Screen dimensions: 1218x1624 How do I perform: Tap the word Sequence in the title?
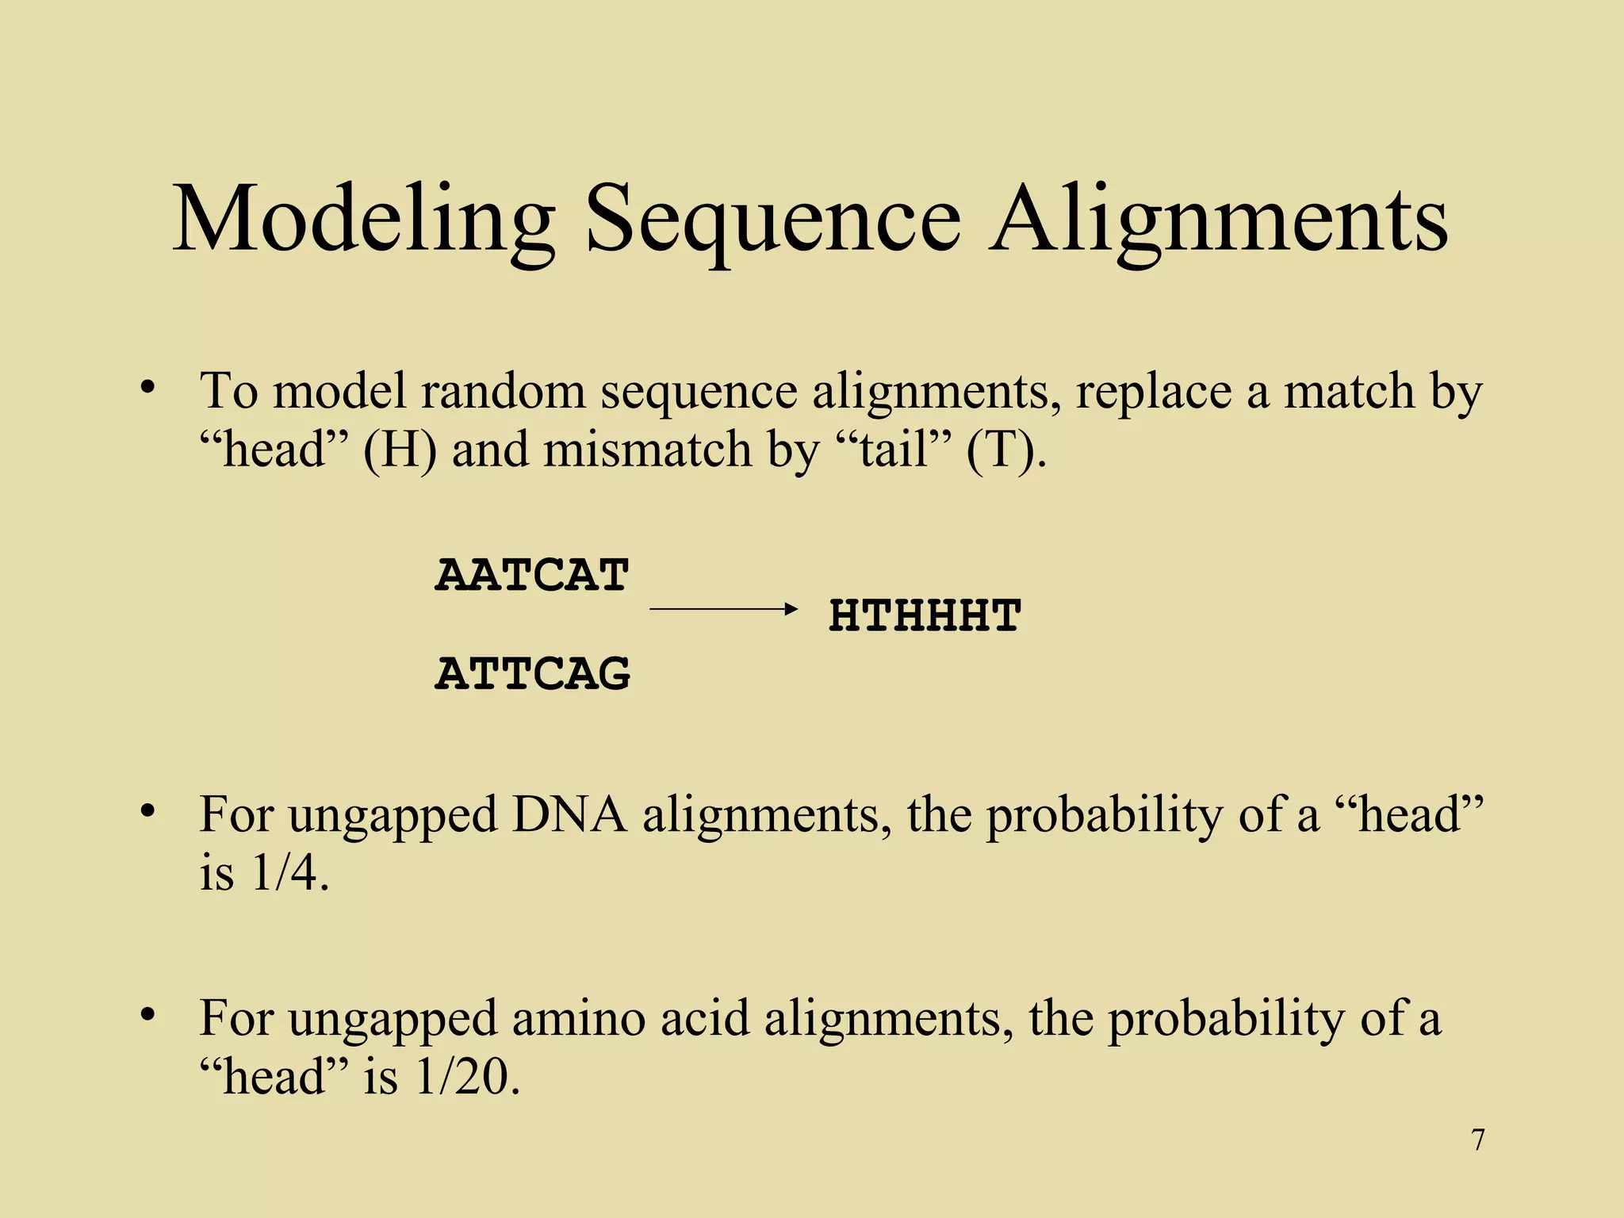772,220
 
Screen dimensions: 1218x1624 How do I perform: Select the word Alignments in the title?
1218,220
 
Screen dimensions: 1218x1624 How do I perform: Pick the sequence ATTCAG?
533,674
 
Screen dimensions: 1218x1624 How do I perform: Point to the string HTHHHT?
925,616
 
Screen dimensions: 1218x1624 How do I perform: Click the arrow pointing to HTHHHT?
722,609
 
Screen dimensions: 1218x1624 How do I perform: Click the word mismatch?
650,450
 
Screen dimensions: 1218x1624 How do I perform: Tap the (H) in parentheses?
400,450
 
